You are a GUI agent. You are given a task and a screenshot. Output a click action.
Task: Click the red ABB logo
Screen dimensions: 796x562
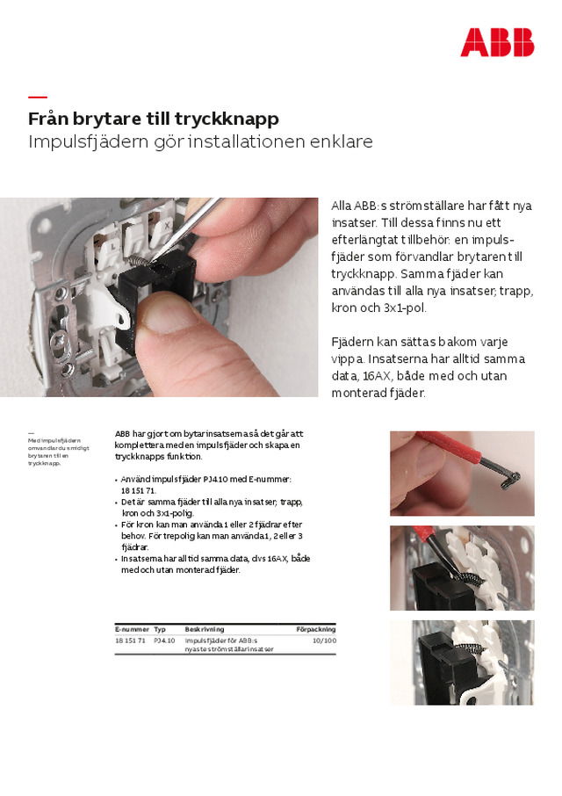pyautogui.click(x=496, y=42)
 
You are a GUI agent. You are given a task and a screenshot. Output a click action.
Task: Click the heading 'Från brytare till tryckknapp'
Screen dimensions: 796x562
pyautogui.click(x=154, y=119)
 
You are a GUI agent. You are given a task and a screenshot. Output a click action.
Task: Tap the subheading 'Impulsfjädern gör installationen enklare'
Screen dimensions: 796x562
pyautogui.click(x=200, y=141)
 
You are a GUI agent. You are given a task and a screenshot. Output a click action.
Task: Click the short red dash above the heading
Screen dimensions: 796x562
pyautogui.click(x=37, y=97)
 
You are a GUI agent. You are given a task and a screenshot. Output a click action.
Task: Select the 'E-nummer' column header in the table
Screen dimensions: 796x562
pyautogui.click(x=132, y=629)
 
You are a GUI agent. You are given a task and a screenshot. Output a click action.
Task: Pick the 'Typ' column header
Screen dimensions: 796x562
pyautogui.click(x=160, y=629)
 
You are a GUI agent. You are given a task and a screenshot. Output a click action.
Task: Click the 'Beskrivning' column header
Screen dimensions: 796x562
pyautogui.click(x=204, y=629)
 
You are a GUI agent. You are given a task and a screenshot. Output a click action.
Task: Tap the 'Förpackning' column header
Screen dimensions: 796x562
pyautogui.click(x=315, y=629)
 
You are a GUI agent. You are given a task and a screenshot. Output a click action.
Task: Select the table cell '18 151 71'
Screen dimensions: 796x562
pyautogui.click(x=131, y=640)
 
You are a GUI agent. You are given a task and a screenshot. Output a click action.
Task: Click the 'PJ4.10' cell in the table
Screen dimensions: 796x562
pyautogui.click(x=164, y=640)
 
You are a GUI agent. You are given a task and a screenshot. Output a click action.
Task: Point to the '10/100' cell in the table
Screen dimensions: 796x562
pyautogui.click(x=324, y=640)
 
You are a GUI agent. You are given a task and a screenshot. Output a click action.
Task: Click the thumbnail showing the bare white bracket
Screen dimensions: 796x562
pyautogui.click(x=462, y=662)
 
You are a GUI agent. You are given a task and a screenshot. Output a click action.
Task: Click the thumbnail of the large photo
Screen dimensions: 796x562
pyautogui.click(x=159, y=296)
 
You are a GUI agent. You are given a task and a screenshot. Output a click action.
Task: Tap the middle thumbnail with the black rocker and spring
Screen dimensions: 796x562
pyautogui.click(x=462, y=568)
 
